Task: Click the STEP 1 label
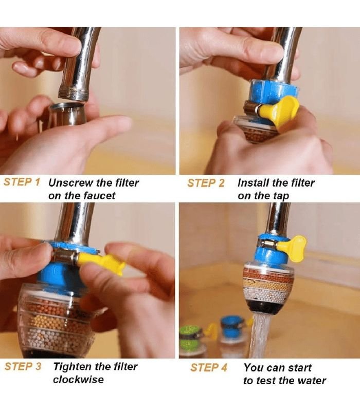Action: point(22,182)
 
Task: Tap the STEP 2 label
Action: point(206,183)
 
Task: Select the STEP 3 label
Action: point(23,366)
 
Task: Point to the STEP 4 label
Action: point(209,367)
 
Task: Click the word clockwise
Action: point(78,379)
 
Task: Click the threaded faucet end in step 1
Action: point(73,95)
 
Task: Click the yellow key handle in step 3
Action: point(101,262)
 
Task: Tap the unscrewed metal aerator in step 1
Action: point(68,114)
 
